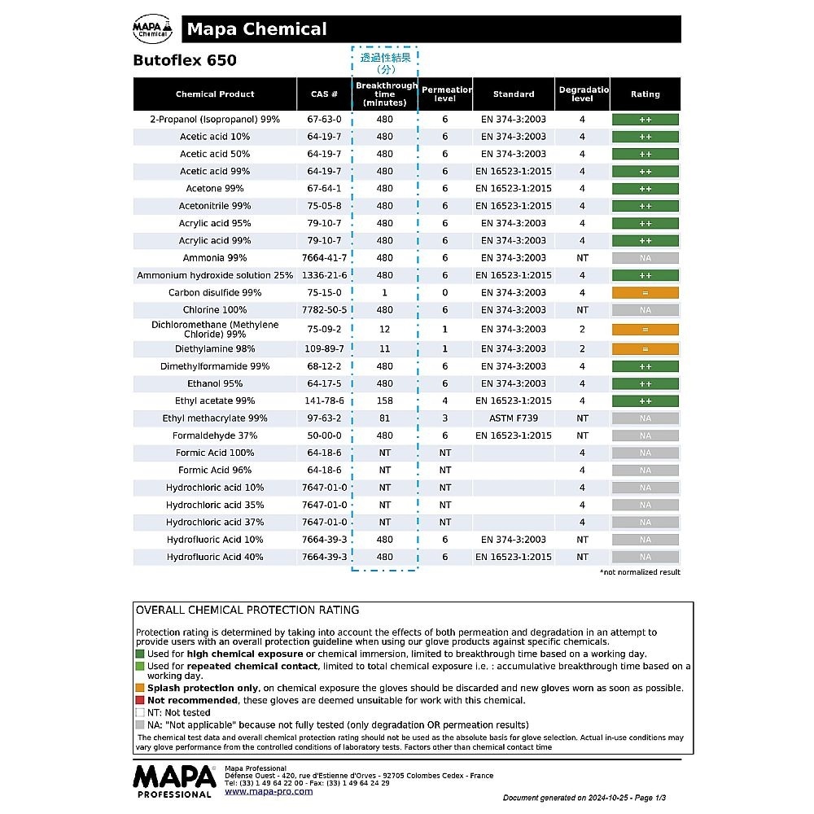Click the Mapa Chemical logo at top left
point(152,29)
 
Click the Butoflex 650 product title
point(185,60)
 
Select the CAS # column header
point(324,94)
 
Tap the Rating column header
point(645,94)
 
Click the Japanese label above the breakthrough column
point(385,63)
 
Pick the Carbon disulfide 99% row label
point(215,293)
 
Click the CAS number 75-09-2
point(324,330)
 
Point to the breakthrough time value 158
point(385,401)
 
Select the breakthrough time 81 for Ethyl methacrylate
point(385,418)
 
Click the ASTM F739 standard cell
point(514,418)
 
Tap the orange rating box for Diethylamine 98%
point(645,349)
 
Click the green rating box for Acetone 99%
point(645,189)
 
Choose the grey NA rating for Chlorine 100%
point(645,310)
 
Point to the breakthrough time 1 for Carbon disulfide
point(385,293)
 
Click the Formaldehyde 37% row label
point(215,435)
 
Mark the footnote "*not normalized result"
point(640,572)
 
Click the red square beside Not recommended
point(140,700)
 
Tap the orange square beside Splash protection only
point(140,688)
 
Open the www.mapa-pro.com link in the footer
point(269,791)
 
